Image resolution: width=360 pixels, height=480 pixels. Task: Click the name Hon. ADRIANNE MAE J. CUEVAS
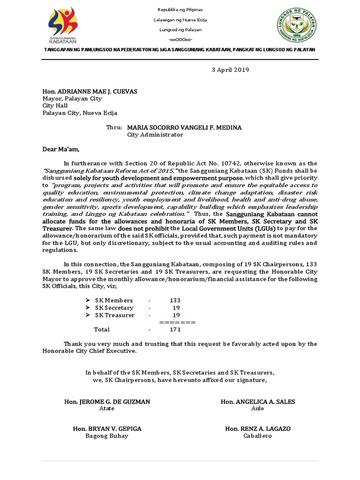[x=84, y=91]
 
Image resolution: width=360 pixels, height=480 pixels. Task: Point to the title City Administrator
[x=155, y=135]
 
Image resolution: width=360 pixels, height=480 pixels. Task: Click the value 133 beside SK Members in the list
[x=175, y=300]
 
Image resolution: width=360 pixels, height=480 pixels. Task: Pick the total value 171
[x=175, y=330]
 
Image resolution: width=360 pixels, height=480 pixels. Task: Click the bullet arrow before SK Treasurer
[x=88, y=315]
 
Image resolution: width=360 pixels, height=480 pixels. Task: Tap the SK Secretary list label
[x=114, y=308]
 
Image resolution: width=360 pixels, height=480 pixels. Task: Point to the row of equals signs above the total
[x=177, y=322]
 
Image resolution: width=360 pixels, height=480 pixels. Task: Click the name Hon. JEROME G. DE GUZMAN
[x=107, y=402]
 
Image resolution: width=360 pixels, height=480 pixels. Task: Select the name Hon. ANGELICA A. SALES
[x=258, y=402]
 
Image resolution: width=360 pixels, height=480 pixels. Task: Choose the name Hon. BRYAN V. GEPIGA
[x=107, y=428]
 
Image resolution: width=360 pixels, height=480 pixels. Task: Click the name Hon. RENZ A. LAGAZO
[x=257, y=428]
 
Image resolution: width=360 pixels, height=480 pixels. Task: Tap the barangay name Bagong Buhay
[x=107, y=435]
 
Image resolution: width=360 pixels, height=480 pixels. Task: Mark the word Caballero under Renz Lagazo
[x=257, y=435]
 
